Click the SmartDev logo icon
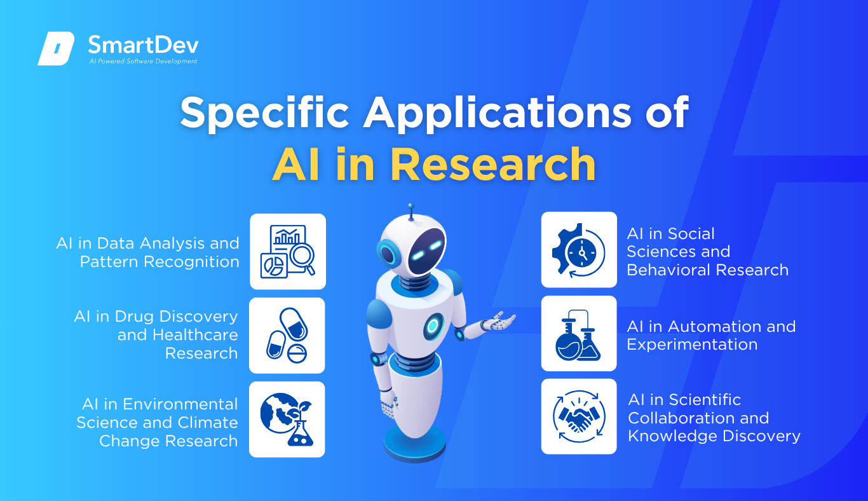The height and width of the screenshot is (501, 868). (x=56, y=48)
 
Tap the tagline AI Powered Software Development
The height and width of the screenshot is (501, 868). (x=144, y=61)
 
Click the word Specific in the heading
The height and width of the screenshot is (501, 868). (x=265, y=113)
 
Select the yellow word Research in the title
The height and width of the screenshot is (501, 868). (x=493, y=165)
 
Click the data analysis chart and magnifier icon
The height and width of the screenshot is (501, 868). (x=287, y=252)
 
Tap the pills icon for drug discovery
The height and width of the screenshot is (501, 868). (x=287, y=336)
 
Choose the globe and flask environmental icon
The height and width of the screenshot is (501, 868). (x=287, y=420)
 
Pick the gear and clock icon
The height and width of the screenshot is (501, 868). (x=578, y=250)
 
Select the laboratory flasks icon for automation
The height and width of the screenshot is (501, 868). (x=578, y=335)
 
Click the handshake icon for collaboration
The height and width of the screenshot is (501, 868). (x=578, y=416)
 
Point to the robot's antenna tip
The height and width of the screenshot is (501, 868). (x=410, y=206)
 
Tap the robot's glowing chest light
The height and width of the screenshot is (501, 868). (x=433, y=326)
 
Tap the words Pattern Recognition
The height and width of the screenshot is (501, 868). (x=159, y=262)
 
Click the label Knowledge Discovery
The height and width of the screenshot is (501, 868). (x=714, y=436)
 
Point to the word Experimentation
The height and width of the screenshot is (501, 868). (x=692, y=345)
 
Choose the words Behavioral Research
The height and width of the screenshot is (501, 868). (x=708, y=270)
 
